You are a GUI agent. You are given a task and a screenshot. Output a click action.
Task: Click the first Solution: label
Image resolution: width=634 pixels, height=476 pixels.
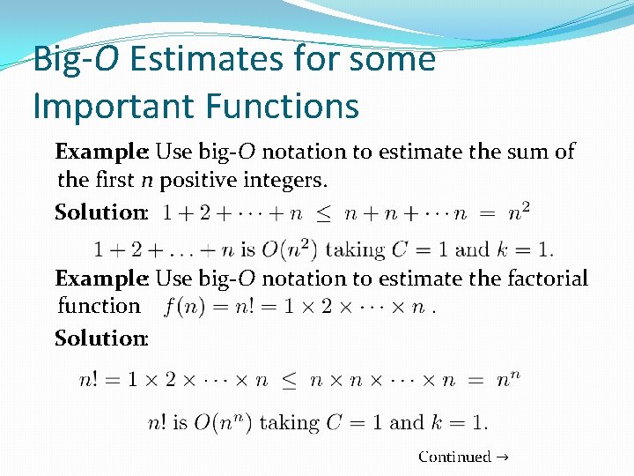101,212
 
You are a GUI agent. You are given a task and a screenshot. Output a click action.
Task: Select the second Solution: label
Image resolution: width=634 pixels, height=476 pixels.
101,338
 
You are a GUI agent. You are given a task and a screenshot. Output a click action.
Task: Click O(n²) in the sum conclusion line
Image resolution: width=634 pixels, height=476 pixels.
288,249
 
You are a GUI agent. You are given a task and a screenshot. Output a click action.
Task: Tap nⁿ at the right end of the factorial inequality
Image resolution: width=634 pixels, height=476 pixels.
508,381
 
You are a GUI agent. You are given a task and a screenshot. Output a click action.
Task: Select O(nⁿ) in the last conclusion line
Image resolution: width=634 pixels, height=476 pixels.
224,423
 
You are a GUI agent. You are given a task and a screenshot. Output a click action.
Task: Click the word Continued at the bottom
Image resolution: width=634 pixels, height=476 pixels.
454,457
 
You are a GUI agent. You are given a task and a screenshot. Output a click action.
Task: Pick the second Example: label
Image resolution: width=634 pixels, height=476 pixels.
101,279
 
